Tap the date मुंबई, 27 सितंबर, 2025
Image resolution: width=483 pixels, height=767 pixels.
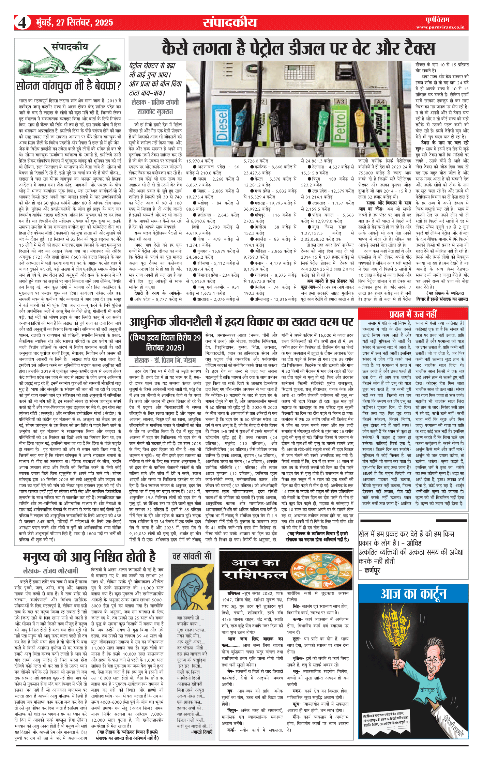point(74,22)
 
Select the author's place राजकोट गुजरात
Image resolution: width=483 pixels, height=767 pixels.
point(155,111)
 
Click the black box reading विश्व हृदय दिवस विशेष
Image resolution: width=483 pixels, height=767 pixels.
point(165,342)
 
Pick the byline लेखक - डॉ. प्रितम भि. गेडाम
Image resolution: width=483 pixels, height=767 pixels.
point(165,360)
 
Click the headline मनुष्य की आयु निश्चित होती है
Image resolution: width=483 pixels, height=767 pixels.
point(89,557)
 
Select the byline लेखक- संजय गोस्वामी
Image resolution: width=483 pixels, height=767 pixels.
point(50,571)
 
